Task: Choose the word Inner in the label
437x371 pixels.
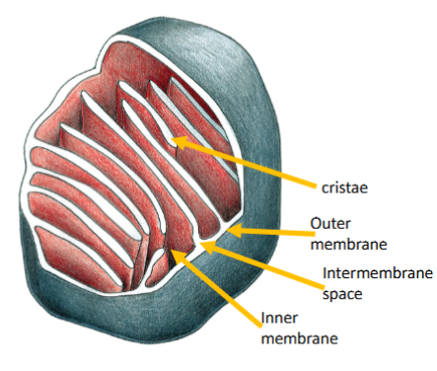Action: click(x=278, y=319)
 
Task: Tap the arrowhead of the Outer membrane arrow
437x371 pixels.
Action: click(x=235, y=231)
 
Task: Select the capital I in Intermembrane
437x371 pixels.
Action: click(x=325, y=273)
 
